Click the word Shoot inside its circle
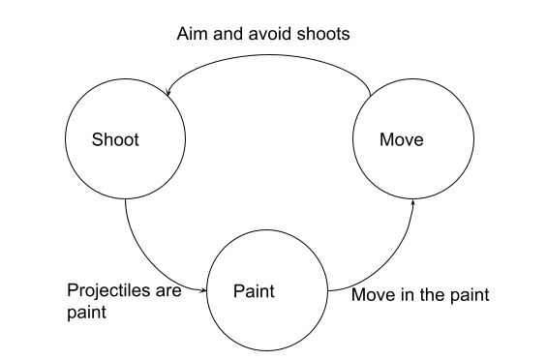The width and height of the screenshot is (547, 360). point(115,139)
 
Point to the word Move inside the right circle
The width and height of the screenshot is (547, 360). point(401,139)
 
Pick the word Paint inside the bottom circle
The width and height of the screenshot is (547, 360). point(255,290)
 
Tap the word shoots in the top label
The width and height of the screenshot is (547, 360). point(322,34)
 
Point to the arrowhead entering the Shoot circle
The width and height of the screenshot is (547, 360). point(169,93)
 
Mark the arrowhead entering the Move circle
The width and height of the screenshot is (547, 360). point(413,203)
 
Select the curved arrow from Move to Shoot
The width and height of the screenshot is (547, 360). point(271,53)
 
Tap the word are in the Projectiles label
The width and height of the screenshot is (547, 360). point(168,290)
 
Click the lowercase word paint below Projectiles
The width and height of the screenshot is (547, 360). point(85,313)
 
